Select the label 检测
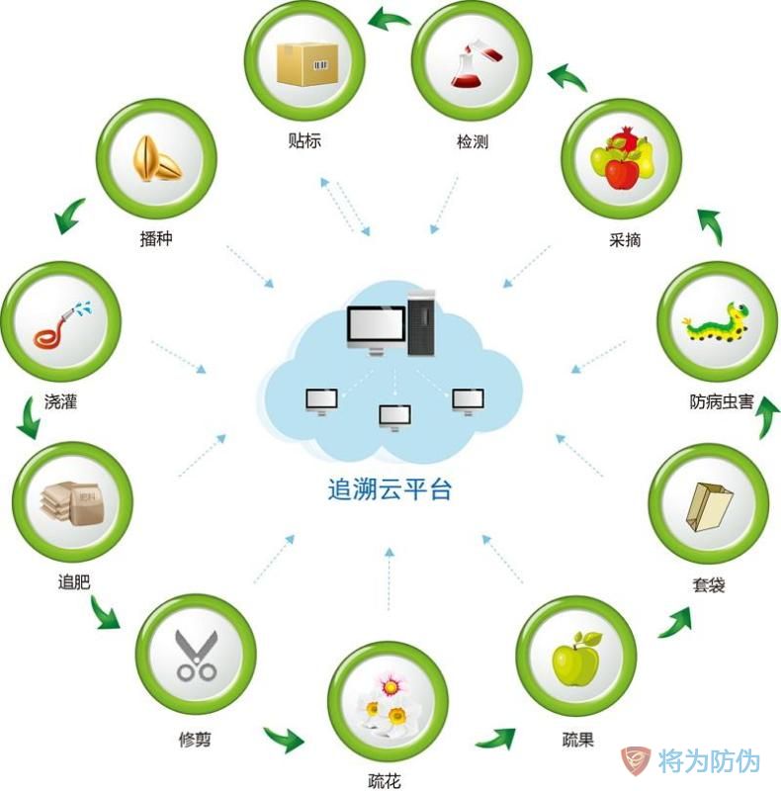pyautogui.click(x=472, y=142)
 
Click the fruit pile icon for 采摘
pyautogui.click(x=621, y=158)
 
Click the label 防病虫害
pyautogui.click(x=722, y=402)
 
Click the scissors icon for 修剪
pyautogui.click(x=196, y=654)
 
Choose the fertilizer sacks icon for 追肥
pyautogui.click(x=73, y=502)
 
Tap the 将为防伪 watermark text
pyautogui.click(x=710, y=761)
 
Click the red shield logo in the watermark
pyautogui.click(x=635, y=760)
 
